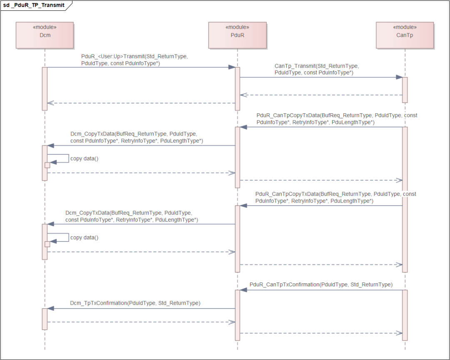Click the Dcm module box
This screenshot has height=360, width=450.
tap(45, 35)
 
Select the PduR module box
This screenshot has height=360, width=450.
tap(237, 35)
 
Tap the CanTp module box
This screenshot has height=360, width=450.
tap(404, 35)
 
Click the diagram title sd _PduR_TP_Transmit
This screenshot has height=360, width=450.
tap(34, 5)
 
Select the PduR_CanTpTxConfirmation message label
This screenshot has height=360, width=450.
tap(321, 285)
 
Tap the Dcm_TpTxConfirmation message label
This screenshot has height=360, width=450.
tap(135, 303)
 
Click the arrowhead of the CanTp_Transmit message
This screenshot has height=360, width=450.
tap(399, 77)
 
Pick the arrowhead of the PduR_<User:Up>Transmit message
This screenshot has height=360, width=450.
tap(232, 67)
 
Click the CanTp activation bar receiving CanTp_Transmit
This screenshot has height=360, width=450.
tap(404, 90)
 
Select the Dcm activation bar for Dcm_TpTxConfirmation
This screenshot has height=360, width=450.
tap(45, 319)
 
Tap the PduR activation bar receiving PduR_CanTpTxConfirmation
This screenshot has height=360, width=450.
tap(237, 315)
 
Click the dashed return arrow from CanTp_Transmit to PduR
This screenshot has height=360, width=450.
tap(321, 95)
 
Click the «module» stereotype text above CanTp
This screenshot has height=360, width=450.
tap(404, 27)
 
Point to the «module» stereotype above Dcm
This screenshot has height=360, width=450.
tap(45, 27)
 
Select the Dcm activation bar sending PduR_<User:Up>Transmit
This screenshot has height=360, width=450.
tap(45, 88)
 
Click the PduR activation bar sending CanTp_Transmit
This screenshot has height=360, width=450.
tap(237, 88)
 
